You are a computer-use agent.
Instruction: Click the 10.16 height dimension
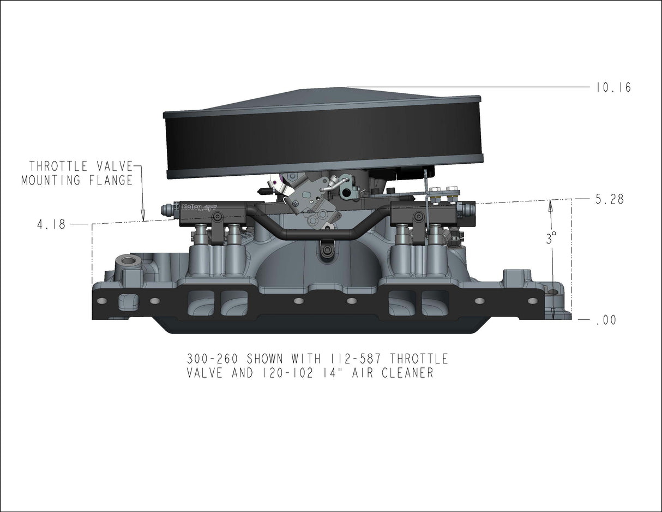click(613, 88)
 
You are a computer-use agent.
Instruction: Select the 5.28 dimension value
click(610, 200)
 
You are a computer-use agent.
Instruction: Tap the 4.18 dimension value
click(51, 224)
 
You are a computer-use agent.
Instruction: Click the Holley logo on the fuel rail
click(191, 207)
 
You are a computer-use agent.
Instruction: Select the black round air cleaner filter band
click(322, 136)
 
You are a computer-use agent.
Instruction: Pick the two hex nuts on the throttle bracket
click(444, 190)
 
